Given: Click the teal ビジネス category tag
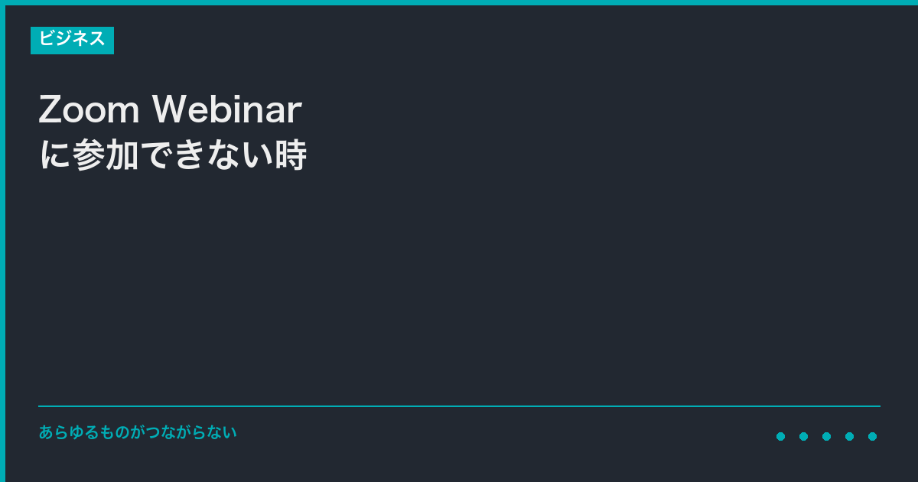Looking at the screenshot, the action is (72, 40).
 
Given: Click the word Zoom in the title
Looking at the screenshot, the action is (89, 109).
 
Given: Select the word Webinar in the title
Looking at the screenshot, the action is (227, 109).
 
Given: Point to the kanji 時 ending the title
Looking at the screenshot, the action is (291, 154).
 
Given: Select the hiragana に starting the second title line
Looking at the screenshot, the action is (55, 155).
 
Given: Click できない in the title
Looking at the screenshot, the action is (207, 154).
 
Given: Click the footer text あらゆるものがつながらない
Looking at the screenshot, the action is (138, 432).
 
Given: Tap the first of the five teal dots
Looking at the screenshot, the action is (781, 437).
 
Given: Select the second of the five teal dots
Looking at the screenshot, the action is (804, 437).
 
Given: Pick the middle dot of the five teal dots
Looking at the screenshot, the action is (827, 437).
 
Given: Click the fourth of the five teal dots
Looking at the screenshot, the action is (850, 437).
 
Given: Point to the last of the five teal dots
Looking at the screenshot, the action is (873, 437).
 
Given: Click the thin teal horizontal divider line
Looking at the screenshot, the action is (460, 406).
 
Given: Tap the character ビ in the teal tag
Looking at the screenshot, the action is (47, 38).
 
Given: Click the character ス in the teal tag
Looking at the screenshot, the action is (97, 39).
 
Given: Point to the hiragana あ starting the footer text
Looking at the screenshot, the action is (46, 432).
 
